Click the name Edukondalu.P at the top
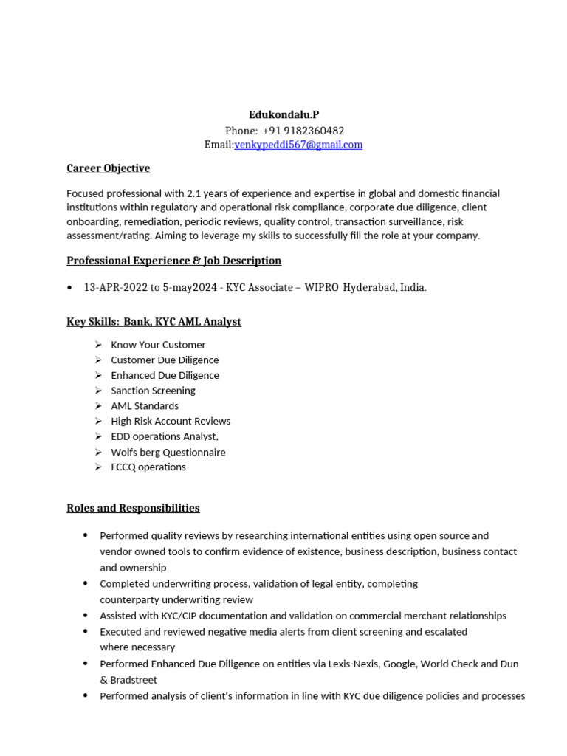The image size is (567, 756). (x=283, y=114)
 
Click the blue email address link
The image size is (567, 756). (x=298, y=145)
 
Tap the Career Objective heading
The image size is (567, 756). (x=108, y=168)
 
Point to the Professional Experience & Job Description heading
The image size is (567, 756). (x=173, y=261)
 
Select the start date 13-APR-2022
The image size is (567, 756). (x=115, y=288)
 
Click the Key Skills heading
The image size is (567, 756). (x=154, y=322)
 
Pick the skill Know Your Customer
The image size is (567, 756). (x=158, y=345)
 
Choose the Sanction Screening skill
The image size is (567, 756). (x=153, y=391)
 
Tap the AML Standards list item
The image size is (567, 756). (x=145, y=405)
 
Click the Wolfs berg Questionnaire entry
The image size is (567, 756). (x=168, y=452)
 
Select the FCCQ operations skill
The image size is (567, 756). (x=148, y=467)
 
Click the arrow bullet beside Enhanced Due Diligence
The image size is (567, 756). (x=98, y=375)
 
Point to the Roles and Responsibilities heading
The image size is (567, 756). (x=133, y=508)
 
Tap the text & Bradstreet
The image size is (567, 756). (x=128, y=680)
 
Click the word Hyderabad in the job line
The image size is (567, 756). (x=369, y=288)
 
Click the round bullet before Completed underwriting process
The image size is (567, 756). (x=86, y=583)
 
